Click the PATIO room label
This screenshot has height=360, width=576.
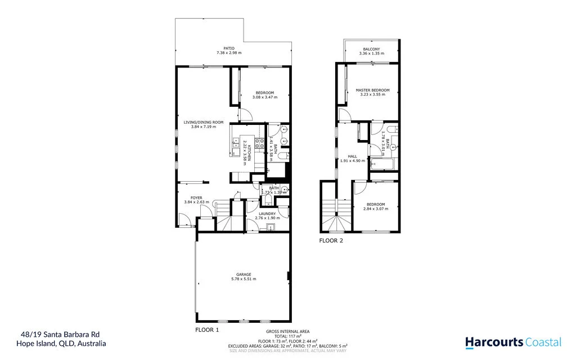pos(229,48)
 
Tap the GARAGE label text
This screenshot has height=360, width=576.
pos(243,274)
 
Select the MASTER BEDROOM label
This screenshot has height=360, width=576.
pos(372,90)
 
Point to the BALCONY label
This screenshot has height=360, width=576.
pos(371,49)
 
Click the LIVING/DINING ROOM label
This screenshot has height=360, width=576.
pos(204,122)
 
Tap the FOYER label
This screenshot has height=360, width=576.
pos(196,197)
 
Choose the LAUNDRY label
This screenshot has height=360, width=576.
pos(267,213)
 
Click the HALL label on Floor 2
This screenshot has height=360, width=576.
pos(353,156)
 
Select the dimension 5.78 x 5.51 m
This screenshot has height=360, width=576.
pos(243,279)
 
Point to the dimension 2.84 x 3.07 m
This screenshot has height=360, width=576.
pos(376,209)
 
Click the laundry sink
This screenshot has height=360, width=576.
pos(271,227)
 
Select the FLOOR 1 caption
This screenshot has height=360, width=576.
pos(206,330)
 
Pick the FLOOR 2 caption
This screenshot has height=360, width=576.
pos(331,240)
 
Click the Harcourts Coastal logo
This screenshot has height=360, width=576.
pos(513,341)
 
